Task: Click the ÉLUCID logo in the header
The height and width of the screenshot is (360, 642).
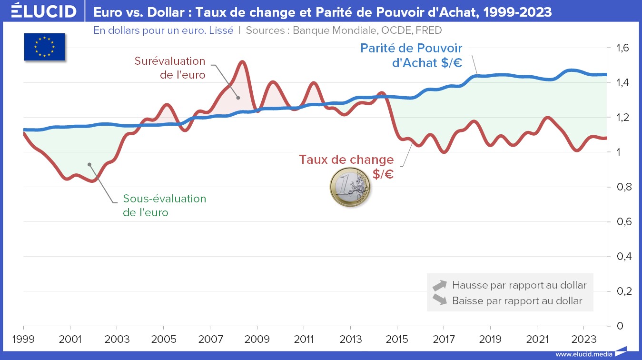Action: [43, 11]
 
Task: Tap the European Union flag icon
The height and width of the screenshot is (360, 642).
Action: [44, 47]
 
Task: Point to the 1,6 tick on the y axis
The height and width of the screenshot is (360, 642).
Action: [622, 48]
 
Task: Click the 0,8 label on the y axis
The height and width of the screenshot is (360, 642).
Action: [622, 187]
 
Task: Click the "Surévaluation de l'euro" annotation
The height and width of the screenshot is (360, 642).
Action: [170, 68]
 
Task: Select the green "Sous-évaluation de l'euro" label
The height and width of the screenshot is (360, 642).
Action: [164, 205]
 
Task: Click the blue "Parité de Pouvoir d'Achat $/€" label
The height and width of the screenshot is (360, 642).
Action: [411, 55]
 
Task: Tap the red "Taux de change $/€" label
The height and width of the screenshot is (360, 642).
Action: [346, 166]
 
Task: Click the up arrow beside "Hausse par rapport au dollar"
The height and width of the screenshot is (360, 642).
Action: [439, 285]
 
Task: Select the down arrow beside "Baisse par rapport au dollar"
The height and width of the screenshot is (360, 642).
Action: [439, 300]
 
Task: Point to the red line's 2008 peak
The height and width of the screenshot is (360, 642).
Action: [242, 61]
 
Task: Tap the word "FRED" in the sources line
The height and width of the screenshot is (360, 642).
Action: [428, 30]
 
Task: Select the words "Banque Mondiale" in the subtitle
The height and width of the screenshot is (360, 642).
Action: [335, 30]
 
